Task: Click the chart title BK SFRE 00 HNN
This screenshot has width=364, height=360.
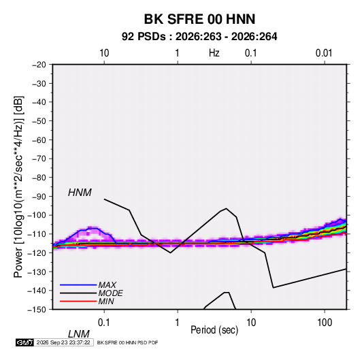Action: (199, 19)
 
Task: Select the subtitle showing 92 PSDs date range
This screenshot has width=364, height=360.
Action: (199, 37)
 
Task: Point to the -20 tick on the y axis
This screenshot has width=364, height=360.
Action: (39, 65)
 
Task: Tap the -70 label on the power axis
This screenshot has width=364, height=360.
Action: (39, 159)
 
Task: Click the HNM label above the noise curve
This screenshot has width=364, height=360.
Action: (80, 193)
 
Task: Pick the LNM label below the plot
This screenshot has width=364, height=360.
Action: (79, 334)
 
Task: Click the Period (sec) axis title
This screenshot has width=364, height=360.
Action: (214, 330)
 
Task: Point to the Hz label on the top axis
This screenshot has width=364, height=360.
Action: (214, 53)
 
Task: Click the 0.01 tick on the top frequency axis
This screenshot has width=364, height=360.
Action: (324, 53)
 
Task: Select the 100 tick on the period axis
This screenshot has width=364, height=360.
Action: (325, 323)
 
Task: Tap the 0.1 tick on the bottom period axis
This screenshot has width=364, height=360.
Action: (104, 323)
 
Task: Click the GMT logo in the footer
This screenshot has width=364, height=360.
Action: (24, 342)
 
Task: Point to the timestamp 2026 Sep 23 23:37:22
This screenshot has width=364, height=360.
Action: (63, 342)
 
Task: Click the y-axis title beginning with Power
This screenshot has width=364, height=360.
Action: (18, 186)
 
